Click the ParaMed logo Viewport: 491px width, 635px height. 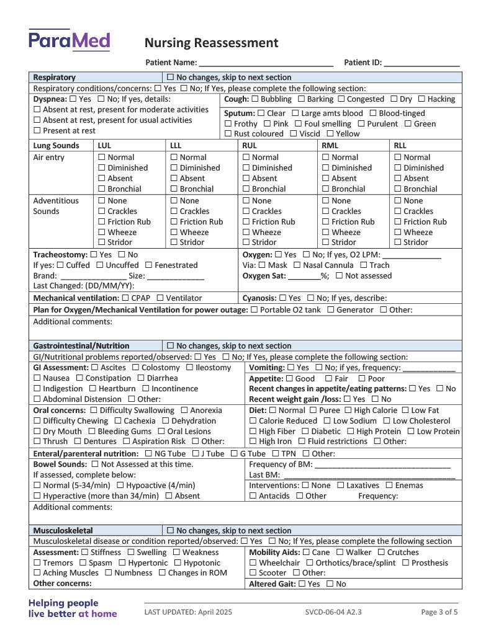pyautogui.click(x=69, y=40)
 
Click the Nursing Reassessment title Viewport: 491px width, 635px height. pyautogui.click(x=211, y=43)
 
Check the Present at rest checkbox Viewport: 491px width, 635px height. pyautogui.click(x=37, y=131)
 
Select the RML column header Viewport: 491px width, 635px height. pyautogui.click(x=330, y=146)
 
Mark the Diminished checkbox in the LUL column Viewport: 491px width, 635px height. pyautogui.click(x=102, y=168)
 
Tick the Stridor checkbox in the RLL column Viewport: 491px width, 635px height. pyautogui.click(x=398, y=242)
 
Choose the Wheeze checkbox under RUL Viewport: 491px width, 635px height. pyautogui.click(x=246, y=233)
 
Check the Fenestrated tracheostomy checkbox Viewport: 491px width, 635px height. pyautogui.click(x=148, y=265)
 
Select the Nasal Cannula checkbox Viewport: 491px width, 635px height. pyautogui.click(x=297, y=265)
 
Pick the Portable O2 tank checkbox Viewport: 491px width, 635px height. pyautogui.click(x=254, y=310)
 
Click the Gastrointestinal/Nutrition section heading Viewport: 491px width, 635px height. pyautogui.click(x=81, y=346)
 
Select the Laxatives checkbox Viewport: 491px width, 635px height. pyautogui.click(x=340, y=486)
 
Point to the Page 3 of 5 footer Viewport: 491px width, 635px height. pyautogui.click(x=439, y=612)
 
